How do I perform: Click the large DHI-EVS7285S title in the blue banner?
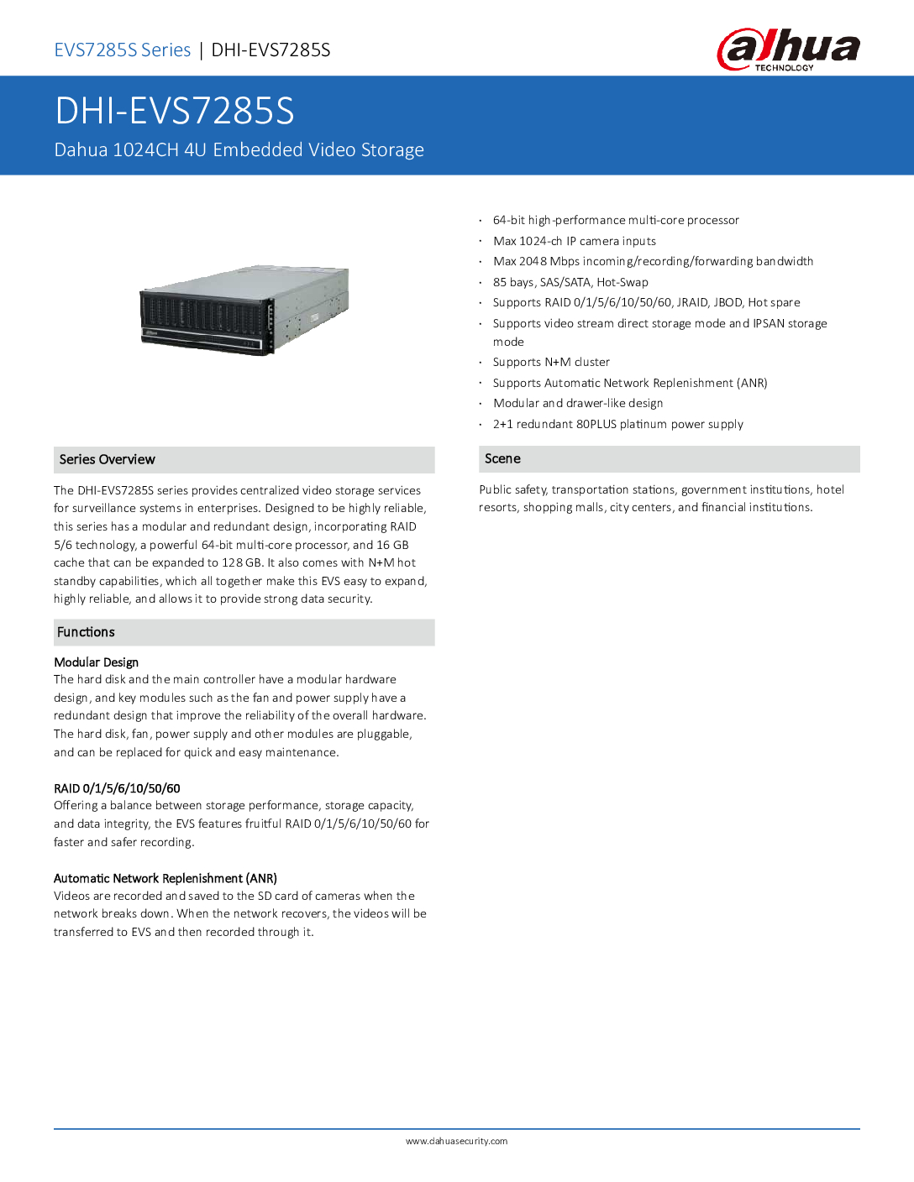point(175,111)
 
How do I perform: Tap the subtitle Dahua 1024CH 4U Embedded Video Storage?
point(239,149)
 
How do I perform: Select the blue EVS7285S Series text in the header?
point(123,50)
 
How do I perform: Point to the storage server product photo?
point(244,310)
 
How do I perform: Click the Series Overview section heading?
point(108,459)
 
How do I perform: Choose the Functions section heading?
point(86,632)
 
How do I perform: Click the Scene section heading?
point(502,458)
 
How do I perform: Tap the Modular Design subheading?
point(96,662)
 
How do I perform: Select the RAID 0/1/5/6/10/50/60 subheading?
point(117,788)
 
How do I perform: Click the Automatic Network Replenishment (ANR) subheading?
point(165,878)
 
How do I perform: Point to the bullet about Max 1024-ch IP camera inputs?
point(575,241)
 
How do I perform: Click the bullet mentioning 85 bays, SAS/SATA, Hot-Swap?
point(570,282)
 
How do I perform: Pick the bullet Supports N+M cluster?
point(551,362)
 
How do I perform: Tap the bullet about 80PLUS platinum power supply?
point(618,424)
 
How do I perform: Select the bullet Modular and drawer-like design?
point(578,403)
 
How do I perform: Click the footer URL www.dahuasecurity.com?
point(456,1141)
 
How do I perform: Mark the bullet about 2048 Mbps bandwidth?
point(653,261)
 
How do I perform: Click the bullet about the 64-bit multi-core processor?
point(616,220)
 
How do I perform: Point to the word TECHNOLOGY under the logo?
point(784,68)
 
